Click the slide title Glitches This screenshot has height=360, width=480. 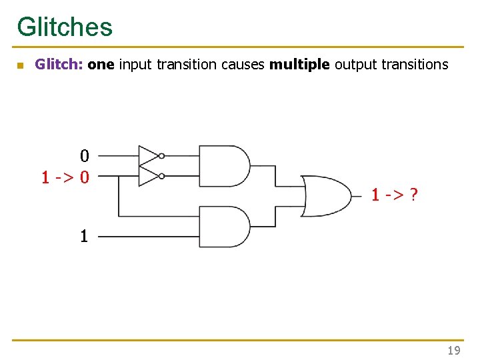[x=65, y=27]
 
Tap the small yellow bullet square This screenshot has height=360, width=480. [x=20, y=65]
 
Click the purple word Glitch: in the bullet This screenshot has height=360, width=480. [x=59, y=65]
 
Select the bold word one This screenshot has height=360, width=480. [x=101, y=65]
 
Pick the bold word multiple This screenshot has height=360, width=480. [x=299, y=65]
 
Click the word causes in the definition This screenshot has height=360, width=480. [x=243, y=65]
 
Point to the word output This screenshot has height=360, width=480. [x=355, y=65]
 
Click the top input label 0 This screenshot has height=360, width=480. [x=85, y=157]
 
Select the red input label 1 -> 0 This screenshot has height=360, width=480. [x=65, y=177]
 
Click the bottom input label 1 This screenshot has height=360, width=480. [x=84, y=236]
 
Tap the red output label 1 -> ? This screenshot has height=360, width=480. [x=395, y=195]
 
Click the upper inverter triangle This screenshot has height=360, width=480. [x=148, y=155]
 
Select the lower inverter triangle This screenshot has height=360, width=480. [x=148, y=176]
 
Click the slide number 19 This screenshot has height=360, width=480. [x=453, y=350]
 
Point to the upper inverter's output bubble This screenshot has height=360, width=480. [x=162, y=156]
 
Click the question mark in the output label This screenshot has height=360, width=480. [x=414, y=195]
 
